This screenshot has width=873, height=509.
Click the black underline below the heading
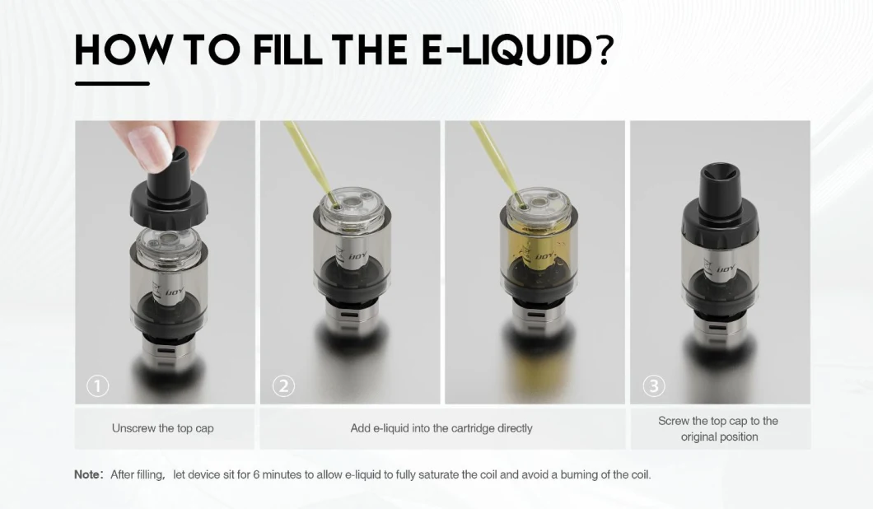(112, 83)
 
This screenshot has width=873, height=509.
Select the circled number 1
(97, 386)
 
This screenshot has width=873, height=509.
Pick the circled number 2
(283, 386)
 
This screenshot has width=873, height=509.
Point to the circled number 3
(654, 386)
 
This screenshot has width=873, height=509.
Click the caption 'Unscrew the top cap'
(162, 428)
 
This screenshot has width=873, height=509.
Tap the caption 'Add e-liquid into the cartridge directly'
(441, 428)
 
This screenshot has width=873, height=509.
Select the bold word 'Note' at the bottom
(86, 474)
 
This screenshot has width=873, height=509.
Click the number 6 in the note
(256, 474)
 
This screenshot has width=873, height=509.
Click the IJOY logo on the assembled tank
(726, 269)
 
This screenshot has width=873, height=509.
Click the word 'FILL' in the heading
(287, 49)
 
